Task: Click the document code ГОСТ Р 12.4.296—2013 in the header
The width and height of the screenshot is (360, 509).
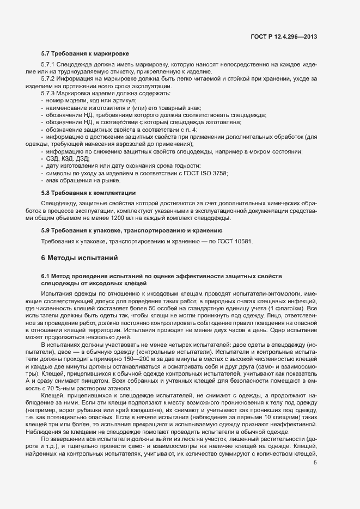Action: coord(284,36)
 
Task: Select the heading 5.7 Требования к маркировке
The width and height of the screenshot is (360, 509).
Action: coord(85,54)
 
